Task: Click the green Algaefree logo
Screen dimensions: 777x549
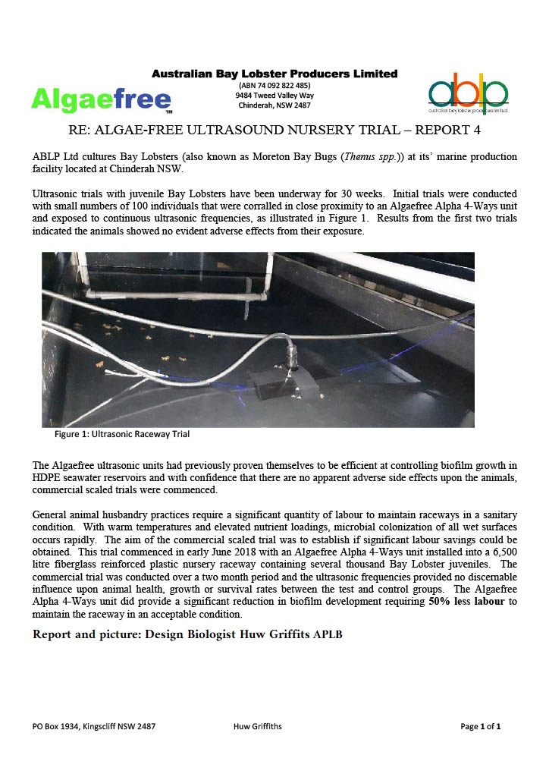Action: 101,99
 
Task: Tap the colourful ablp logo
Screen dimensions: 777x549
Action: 468,93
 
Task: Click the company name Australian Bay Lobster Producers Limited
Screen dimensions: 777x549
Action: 274,74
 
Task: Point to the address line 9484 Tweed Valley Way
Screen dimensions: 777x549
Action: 274,96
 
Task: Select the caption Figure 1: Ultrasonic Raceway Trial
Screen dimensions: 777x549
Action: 121,435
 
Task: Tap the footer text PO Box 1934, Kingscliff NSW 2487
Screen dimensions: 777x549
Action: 95,726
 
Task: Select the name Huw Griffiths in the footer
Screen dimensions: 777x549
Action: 259,726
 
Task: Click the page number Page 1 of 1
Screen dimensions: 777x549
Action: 481,726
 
